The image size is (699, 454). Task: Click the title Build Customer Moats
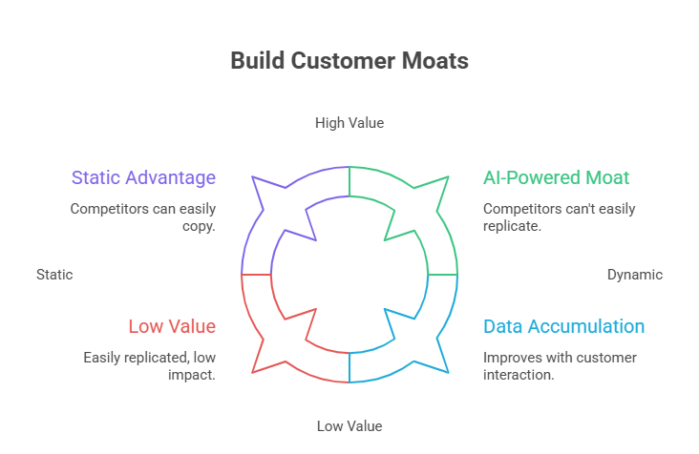coord(349,61)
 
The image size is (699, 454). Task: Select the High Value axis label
coord(349,123)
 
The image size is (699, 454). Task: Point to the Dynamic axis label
coord(634,275)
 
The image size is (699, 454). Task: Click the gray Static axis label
coord(54,275)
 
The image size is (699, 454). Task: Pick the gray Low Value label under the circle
coord(349,426)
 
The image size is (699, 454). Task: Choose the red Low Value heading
coord(172,326)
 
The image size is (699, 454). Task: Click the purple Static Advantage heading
coord(143,177)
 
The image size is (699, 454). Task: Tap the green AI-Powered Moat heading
coord(556,177)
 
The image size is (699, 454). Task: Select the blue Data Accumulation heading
coord(563,326)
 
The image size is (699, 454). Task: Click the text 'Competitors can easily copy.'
coord(143,217)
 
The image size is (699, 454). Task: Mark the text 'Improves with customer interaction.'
coord(560,365)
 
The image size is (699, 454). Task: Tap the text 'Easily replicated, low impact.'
coord(149,365)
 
